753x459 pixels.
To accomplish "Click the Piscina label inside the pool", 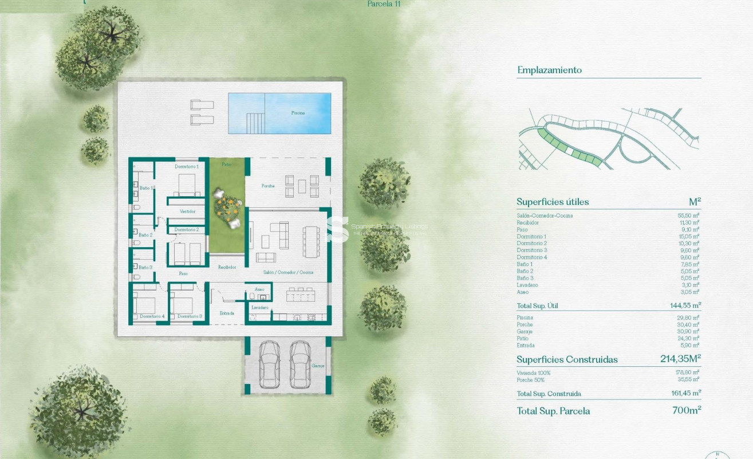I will (x=298, y=113).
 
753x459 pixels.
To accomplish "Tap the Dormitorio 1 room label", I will (x=186, y=166).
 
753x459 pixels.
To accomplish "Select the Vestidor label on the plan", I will (x=188, y=211).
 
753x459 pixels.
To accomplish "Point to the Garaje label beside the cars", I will (x=318, y=365).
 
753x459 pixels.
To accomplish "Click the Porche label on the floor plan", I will (x=268, y=186).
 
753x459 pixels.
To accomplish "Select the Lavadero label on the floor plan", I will (x=260, y=307).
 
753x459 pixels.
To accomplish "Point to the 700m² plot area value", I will (x=687, y=410).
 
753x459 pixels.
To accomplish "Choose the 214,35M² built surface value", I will (x=680, y=359).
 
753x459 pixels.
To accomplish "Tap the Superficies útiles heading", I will (x=553, y=202).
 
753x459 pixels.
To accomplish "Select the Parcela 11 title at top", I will (x=384, y=3).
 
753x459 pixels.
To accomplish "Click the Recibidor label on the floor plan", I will (x=227, y=267).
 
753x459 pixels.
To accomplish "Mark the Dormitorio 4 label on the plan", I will (x=152, y=316).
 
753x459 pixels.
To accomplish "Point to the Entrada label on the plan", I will (x=227, y=313).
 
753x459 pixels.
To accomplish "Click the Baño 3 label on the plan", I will (x=145, y=267).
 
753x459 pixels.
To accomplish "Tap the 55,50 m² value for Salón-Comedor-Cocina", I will (x=689, y=215).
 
